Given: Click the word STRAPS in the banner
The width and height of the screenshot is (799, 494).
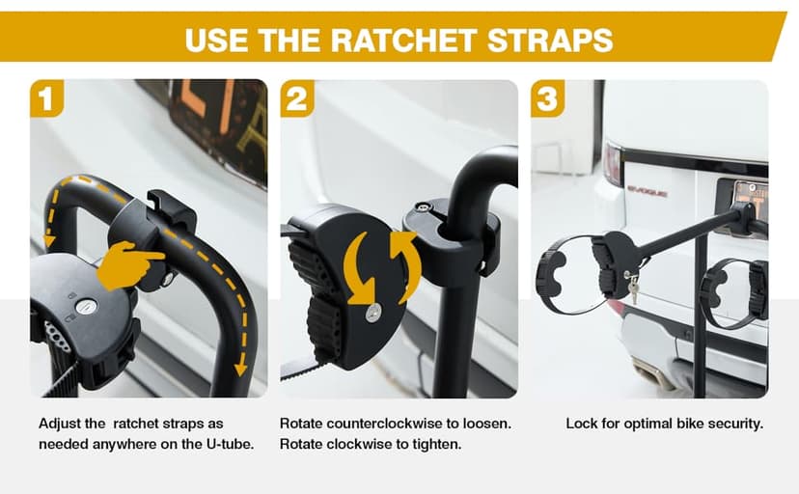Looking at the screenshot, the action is pos(550,41).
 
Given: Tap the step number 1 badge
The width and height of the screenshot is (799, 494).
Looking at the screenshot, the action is pos(46,98).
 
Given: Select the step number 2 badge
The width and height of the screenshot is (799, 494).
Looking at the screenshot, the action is pos(296,98).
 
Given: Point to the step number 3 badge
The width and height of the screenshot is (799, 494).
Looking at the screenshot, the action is pos(547,98).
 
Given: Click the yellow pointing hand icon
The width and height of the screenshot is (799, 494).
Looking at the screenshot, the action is pos(130,264).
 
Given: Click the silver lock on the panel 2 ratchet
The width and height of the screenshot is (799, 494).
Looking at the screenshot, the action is pos(373,313).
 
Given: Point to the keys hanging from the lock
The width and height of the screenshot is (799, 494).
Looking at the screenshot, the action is pos(632,288).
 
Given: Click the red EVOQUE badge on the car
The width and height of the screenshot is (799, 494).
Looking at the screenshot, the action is pos(647,193).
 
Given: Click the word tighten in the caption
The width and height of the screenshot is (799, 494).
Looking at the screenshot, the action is pos(440,445).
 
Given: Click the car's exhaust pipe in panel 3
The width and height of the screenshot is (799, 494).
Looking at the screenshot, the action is pos(649,370).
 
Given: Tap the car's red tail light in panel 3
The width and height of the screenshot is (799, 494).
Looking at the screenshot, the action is pos(612,163).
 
